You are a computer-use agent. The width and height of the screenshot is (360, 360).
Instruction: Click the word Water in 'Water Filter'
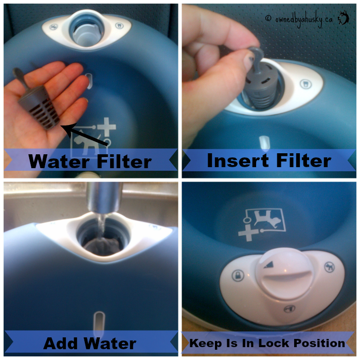[59, 161]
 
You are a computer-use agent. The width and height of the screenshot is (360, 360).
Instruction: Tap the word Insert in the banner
[238, 160]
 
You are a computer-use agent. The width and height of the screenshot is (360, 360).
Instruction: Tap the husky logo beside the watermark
[344, 17]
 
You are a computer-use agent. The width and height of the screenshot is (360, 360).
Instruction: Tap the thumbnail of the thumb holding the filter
[248, 62]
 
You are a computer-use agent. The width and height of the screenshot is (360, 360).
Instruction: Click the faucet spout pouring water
[104, 197]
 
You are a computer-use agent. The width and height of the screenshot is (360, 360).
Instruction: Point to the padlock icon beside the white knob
[238, 275]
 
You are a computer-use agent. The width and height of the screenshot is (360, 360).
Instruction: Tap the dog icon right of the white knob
[330, 267]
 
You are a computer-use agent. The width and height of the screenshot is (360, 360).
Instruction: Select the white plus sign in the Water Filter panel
[106, 127]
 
